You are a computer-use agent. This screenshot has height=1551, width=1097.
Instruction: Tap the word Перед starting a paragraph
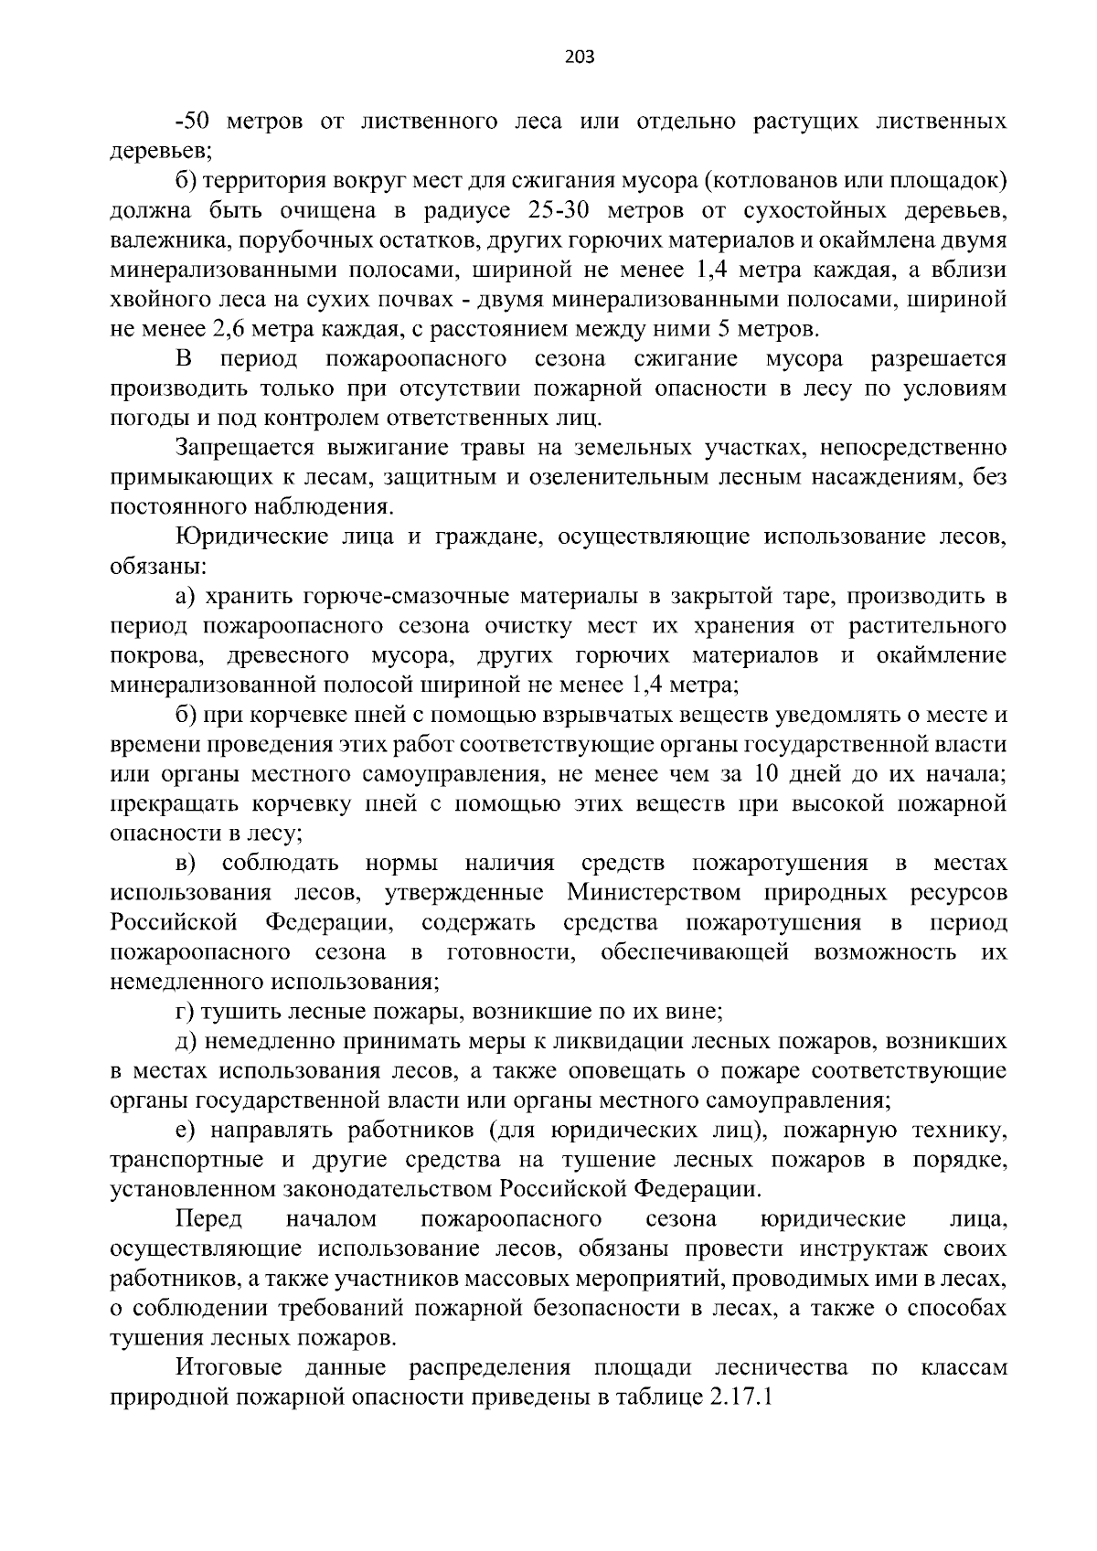(x=209, y=1219)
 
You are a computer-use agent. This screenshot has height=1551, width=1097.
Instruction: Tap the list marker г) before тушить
(x=186, y=1012)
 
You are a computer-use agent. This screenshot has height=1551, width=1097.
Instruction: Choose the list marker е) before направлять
(x=186, y=1131)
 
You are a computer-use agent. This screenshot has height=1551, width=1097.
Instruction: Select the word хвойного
(x=161, y=300)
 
